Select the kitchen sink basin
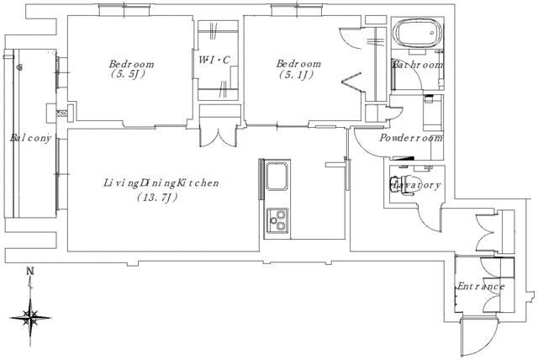(277, 176)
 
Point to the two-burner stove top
(277, 220)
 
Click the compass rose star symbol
(31, 317)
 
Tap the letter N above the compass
(30, 271)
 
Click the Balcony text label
(30, 138)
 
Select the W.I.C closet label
(214, 60)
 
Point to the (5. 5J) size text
(128, 73)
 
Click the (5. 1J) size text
(296, 75)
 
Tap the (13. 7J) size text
(157, 198)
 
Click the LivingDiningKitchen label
(161, 183)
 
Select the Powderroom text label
(411, 138)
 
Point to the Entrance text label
(481, 286)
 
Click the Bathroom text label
(418, 65)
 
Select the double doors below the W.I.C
(218, 136)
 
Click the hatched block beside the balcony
(61, 113)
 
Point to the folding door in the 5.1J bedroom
(352, 82)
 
